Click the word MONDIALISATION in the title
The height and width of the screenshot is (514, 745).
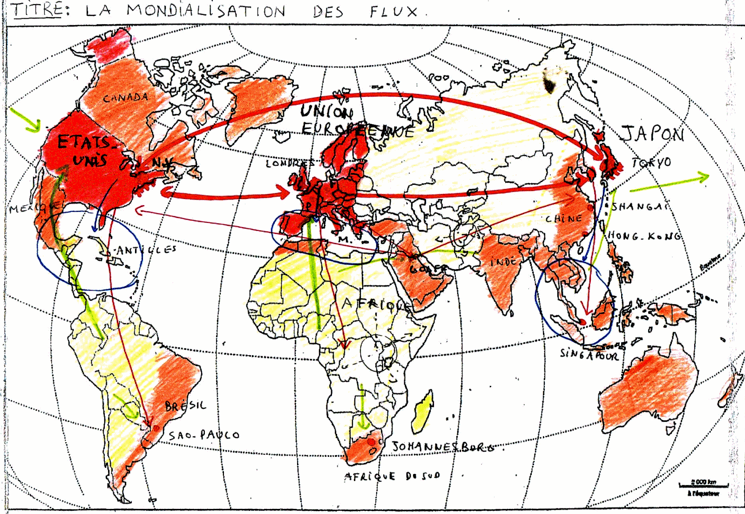pyautogui.click(x=206, y=10)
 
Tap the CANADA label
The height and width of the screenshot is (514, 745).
pyautogui.click(x=126, y=98)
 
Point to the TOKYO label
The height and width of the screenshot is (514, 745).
pyautogui.click(x=652, y=162)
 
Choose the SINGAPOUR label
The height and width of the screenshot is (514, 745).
pyautogui.click(x=589, y=355)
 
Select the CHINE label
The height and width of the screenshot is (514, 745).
pyautogui.click(x=564, y=218)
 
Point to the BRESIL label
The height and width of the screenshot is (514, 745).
pyautogui.click(x=185, y=406)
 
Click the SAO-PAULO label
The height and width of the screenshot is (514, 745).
pyautogui.click(x=204, y=435)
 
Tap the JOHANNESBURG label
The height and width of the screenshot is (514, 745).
pyautogui.click(x=442, y=447)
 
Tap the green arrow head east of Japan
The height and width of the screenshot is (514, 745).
pyautogui.click(x=703, y=177)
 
